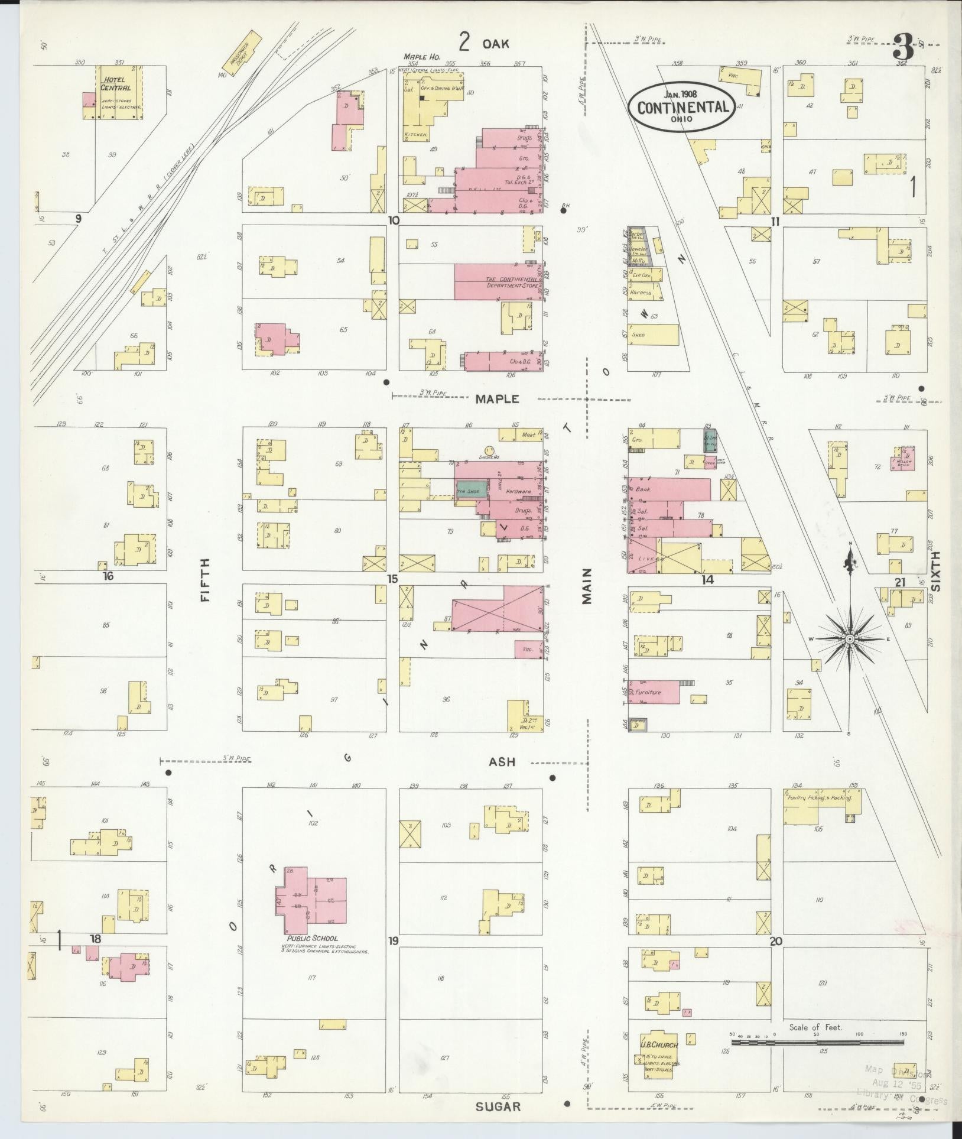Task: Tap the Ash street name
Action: coord(502,762)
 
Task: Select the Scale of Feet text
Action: coord(815,1027)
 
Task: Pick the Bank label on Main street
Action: coord(643,489)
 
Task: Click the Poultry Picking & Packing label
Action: coord(819,797)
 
